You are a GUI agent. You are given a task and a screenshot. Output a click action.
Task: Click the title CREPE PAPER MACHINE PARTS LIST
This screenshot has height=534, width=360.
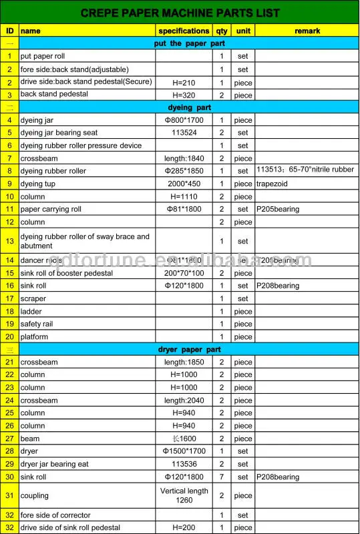pyautogui.click(x=180, y=13)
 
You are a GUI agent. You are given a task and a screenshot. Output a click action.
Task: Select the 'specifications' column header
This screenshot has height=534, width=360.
pyautogui.click(x=184, y=31)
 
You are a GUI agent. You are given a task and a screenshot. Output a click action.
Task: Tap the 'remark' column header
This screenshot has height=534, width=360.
pyautogui.click(x=307, y=31)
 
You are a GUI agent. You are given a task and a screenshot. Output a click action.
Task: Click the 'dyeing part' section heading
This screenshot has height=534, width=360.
pyautogui.click(x=189, y=107)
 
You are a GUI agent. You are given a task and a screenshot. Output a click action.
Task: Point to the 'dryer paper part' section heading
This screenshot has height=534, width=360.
pyautogui.click(x=189, y=349)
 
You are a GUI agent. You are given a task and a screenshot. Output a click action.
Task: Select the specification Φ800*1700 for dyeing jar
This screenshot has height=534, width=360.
pyautogui.click(x=184, y=120)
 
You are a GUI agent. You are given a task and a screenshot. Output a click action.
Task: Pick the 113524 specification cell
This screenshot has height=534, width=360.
pyautogui.click(x=184, y=133)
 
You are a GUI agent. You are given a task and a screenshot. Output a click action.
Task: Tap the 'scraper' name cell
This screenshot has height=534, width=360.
pyautogui.click(x=33, y=298)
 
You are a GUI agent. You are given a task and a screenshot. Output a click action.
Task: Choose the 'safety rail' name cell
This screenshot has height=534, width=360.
pyautogui.click(x=38, y=324)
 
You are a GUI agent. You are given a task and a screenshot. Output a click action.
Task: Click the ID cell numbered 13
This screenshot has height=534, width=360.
pyautogui.click(x=9, y=241)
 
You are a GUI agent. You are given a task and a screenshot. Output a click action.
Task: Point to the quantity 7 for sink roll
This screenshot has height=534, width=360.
pyautogui.click(x=221, y=477)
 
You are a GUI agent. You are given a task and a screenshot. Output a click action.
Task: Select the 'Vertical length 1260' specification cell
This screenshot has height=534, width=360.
pyautogui.click(x=184, y=495)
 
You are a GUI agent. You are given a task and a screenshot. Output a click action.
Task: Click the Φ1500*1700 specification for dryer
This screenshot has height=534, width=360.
pyautogui.click(x=184, y=451)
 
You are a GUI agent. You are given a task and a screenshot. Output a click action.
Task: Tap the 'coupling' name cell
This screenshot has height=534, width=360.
pyautogui.click(x=35, y=495)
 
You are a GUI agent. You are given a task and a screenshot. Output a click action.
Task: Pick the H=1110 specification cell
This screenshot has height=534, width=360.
pyautogui.click(x=184, y=196)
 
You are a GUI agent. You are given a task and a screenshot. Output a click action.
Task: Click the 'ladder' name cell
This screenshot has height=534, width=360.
pyautogui.click(x=31, y=311)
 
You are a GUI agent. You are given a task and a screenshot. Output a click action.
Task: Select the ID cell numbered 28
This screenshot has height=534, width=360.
pyautogui.click(x=9, y=451)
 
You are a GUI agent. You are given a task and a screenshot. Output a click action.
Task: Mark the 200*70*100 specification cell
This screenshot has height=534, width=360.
pyautogui.click(x=184, y=273)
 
